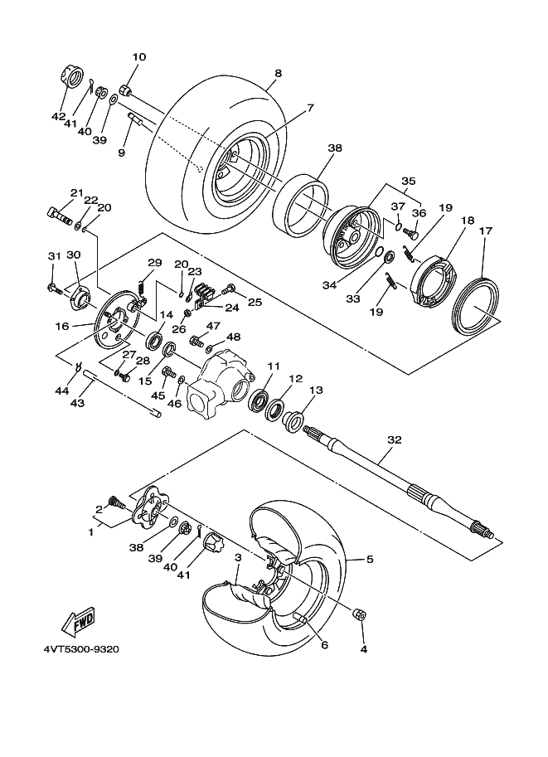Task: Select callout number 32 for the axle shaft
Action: [x=394, y=439]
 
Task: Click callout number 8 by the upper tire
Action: [x=278, y=73]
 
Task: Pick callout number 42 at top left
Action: [x=58, y=117]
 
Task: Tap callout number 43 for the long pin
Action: [x=77, y=404]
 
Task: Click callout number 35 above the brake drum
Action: [x=408, y=180]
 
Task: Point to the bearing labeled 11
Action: [x=259, y=399]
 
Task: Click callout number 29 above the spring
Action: [x=154, y=263]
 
